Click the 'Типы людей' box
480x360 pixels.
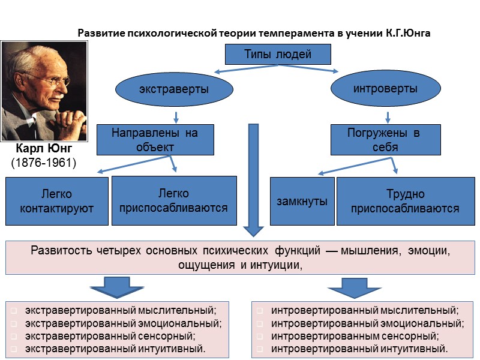tap(278, 55)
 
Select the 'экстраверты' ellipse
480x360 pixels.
tap(173, 89)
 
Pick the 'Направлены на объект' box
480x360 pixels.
tap(155, 139)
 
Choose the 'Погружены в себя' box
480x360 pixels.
tap(385, 139)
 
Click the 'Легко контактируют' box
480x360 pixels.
tap(57, 201)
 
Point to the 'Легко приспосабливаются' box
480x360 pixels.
tap(174, 201)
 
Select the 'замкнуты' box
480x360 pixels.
tap(302, 201)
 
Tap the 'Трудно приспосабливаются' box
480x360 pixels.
tap(405, 201)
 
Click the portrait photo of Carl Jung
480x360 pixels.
tap(43, 90)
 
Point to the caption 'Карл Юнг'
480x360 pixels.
tap(44, 149)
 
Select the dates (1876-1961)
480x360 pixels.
tap(44, 163)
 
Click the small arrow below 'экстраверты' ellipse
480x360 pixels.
tap(175, 115)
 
